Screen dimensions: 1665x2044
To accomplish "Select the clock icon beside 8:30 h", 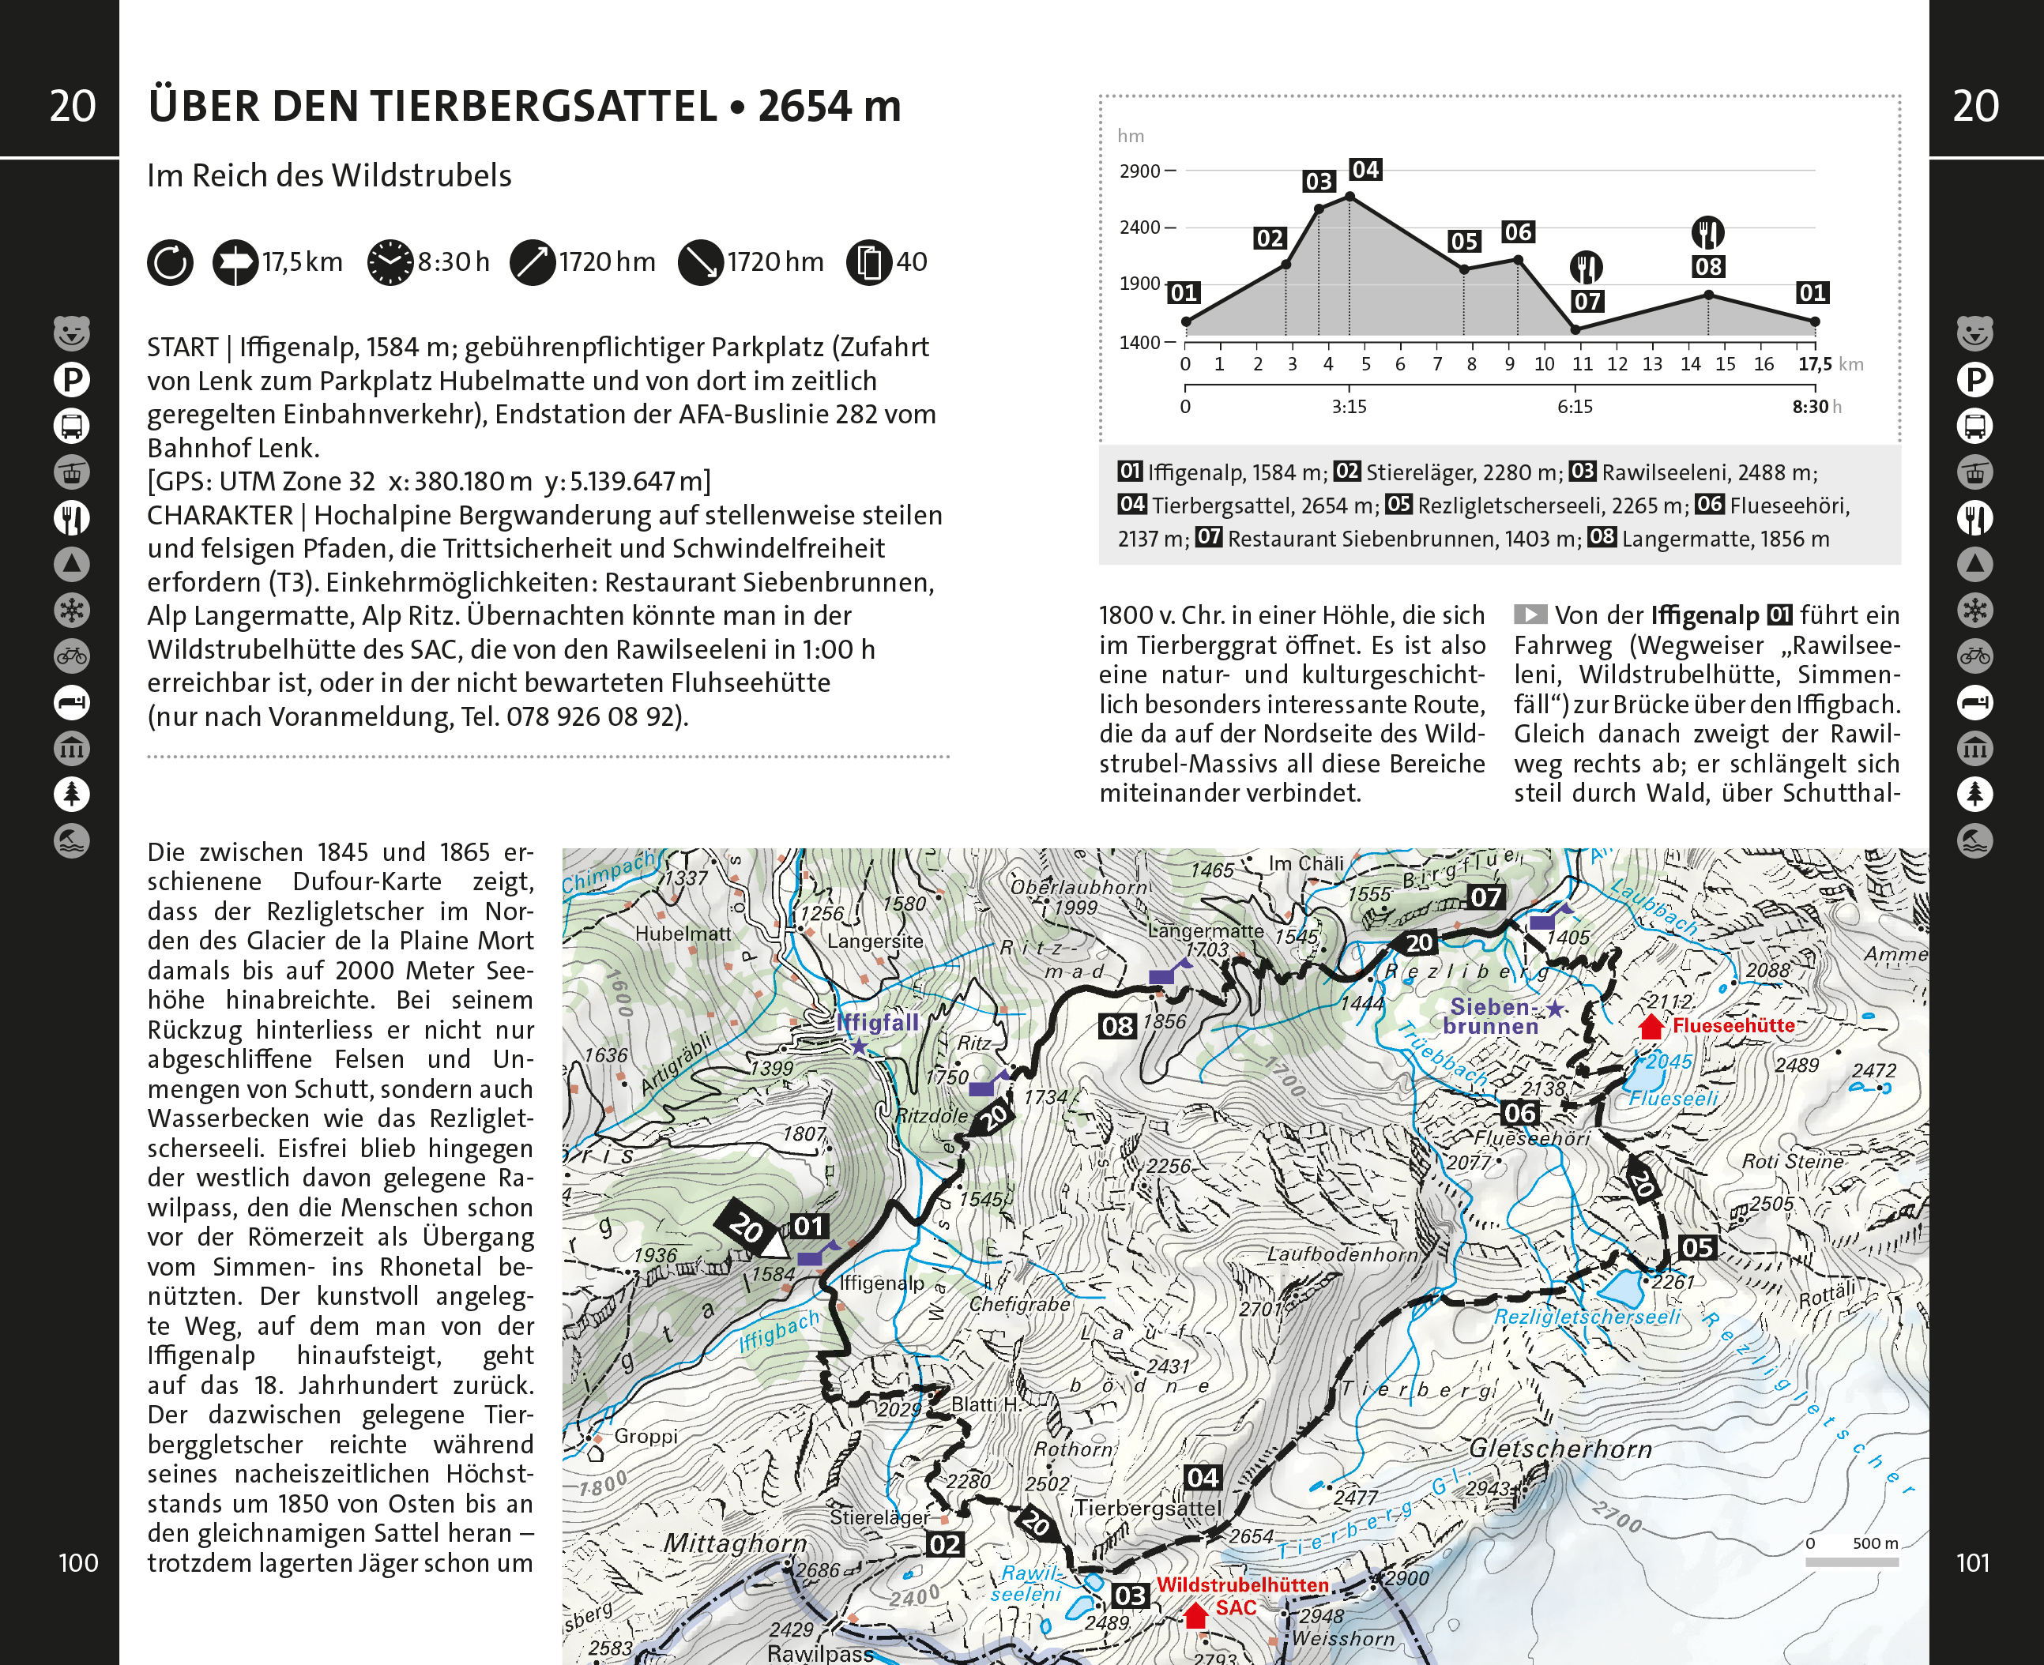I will (x=390, y=262).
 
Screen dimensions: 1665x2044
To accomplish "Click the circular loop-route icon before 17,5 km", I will (x=170, y=262).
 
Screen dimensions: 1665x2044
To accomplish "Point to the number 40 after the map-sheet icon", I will (x=911, y=262).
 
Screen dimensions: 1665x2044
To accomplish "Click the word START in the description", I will (x=183, y=348).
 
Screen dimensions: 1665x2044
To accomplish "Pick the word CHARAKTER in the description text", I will (x=220, y=515).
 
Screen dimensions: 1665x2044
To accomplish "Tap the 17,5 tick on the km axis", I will (x=1815, y=363).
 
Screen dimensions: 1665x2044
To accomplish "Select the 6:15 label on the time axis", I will (x=1575, y=407).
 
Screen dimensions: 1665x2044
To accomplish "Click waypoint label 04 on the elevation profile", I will (x=1365, y=170).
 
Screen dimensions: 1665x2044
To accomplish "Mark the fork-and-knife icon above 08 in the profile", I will (x=1707, y=232).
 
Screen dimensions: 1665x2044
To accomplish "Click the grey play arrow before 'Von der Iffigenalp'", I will (x=1530, y=615).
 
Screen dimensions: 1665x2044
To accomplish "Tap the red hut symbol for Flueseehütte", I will (x=1651, y=1026).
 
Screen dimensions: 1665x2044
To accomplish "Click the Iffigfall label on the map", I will (x=877, y=1022).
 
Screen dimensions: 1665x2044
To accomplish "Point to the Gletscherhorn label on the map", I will (x=1560, y=1449).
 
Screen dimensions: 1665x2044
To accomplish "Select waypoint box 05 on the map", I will (x=1697, y=1248).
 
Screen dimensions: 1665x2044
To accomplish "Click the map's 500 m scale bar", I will (x=1851, y=1562).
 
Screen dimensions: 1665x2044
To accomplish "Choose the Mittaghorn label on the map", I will (x=736, y=1543).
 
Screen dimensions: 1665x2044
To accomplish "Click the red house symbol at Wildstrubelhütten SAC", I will (x=1195, y=1616).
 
